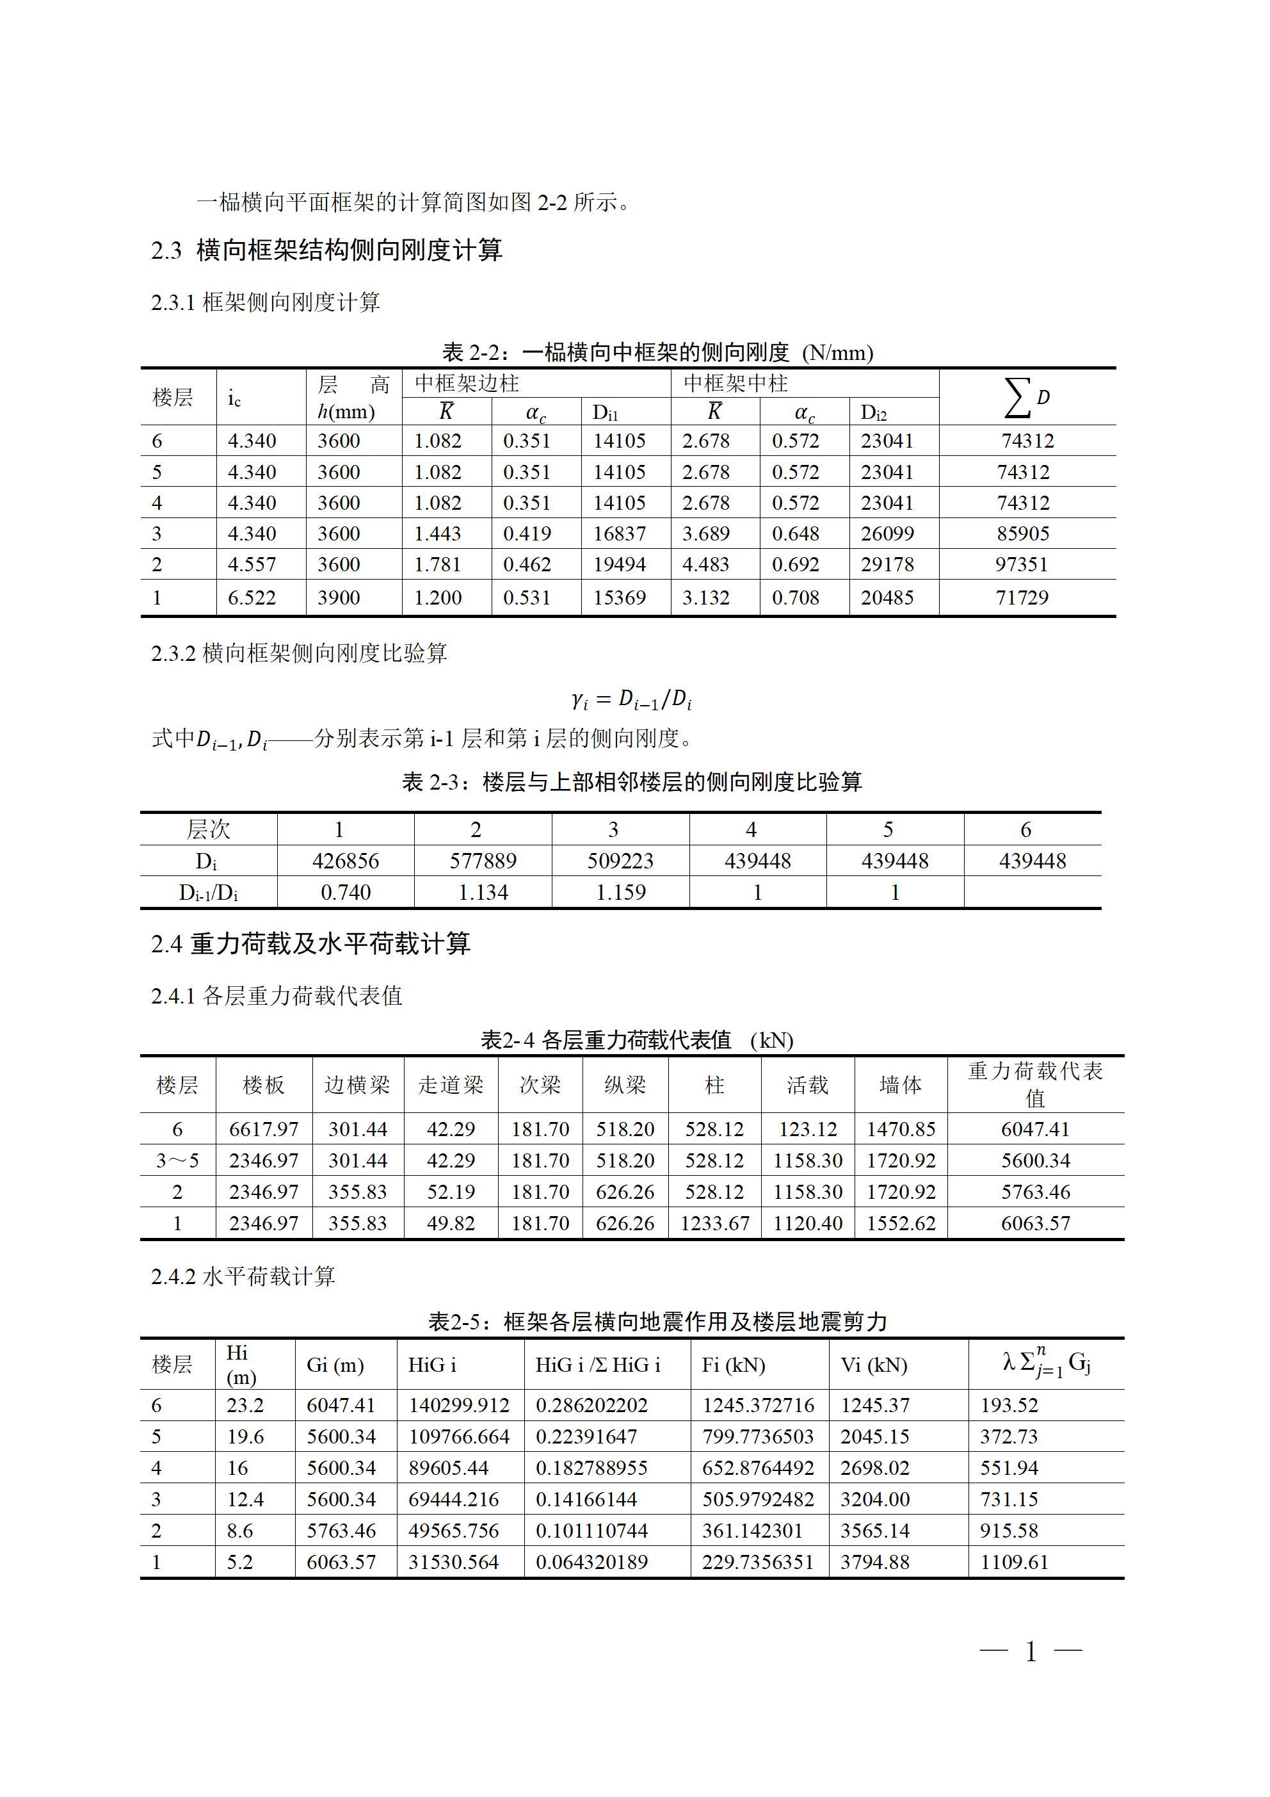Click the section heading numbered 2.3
coord(326,250)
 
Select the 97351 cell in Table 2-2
coord(1021,564)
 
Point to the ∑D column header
coord(1027,397)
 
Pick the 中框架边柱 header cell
coord(467,384)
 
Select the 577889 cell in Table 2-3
coord(483,861)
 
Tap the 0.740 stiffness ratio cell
coord(345,892)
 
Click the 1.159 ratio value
coord(620,892)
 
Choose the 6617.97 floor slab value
coord(264,1130)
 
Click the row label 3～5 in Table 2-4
coord(177,1160)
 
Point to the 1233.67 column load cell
coord(714,1223)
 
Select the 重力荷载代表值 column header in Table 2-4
coord(1034,1084)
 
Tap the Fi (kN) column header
coord(733,1365)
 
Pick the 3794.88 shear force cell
coord(875,1562)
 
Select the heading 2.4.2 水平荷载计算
coord(243,1276)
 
